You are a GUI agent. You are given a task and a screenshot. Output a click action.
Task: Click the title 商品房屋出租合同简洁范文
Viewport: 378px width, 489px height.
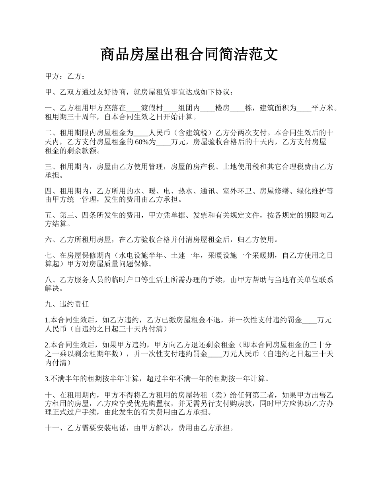click(x=189, y=54)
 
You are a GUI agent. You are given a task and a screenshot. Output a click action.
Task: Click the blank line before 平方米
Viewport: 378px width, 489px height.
click(x=304, y=108)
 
